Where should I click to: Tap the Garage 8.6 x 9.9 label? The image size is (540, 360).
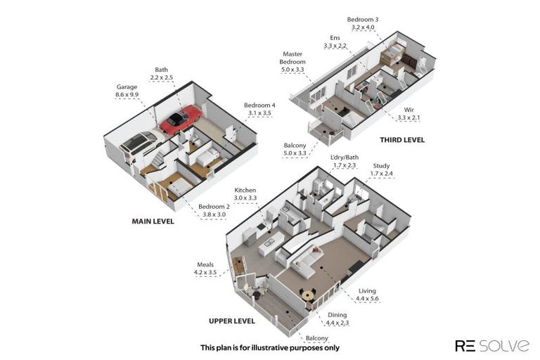(x=127, y=91)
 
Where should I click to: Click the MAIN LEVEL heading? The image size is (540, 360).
(x=153, y=221)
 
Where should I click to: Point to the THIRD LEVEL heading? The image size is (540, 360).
(x=402, y=140)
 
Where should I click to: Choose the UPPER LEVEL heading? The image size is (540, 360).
(x=232, y=321)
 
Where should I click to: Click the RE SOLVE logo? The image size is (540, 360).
(x=492, y=345)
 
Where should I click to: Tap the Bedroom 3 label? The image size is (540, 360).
(x=363, y=23)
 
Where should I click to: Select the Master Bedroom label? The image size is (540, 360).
(x=292, y=62)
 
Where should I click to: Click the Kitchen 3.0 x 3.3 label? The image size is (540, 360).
(x=245, y=194)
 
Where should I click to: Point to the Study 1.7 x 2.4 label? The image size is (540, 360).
(x=381, y=169)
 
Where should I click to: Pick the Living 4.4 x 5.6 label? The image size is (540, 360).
(x=367, y=295)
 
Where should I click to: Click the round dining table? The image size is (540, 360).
(x=307, y=295)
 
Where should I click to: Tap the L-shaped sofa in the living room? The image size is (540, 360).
(x=307, y=262)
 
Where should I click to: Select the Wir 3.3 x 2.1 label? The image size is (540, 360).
(x=409, y=114)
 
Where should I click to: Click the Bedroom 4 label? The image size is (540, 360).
(x=259, y=109)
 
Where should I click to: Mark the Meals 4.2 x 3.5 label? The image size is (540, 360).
(x=205, y=269)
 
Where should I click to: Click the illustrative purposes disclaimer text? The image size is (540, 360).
(x=270, y=347)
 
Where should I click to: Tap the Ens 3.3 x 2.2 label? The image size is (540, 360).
(x=335, y=41)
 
